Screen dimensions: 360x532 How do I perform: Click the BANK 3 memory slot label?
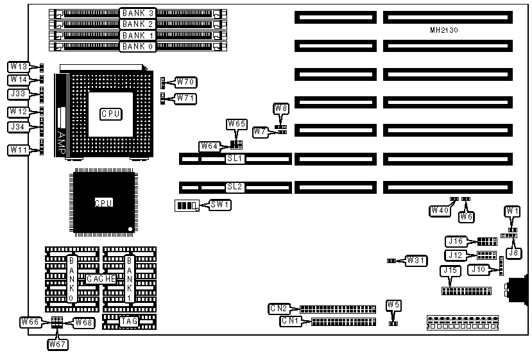138,13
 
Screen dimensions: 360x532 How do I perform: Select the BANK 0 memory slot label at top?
138,46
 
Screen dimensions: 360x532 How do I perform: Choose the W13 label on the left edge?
18,67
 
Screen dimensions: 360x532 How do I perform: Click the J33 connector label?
18,94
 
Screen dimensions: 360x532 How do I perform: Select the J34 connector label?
18,127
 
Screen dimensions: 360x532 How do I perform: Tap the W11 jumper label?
18,150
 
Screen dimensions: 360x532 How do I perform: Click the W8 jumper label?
281,108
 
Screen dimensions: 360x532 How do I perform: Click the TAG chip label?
128,321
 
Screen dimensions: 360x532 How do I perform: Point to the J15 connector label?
450,271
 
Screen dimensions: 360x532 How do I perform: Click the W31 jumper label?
416,261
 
